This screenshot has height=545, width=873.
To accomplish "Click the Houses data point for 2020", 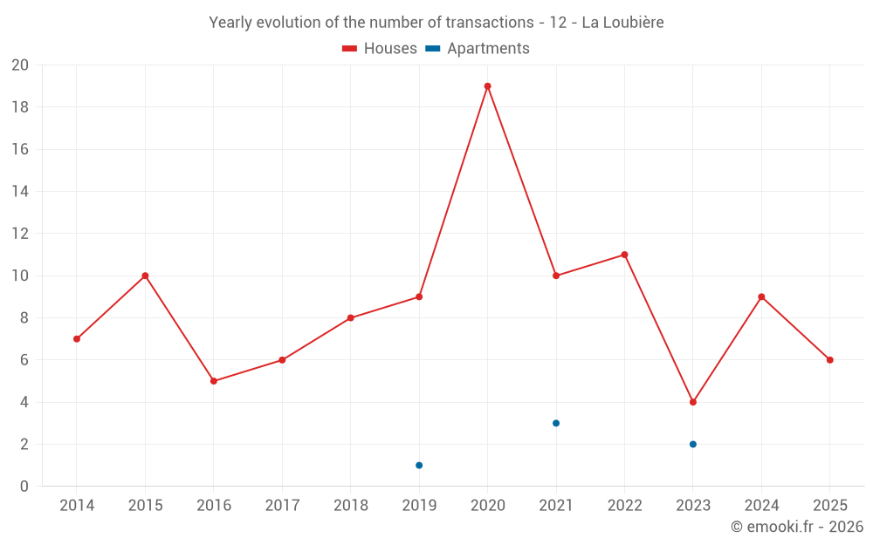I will (487, 86).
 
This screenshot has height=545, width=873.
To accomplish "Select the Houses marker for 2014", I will (77, 339).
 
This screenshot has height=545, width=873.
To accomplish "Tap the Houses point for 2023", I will (693, 402).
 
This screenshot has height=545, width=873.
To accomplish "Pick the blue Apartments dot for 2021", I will (556, 423).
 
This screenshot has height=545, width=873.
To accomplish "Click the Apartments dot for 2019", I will (419, 466).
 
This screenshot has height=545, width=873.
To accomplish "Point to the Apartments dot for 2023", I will (693, 444).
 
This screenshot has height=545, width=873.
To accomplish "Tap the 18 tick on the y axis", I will (20, 107).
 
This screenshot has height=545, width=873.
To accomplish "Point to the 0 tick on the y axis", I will (24, 487).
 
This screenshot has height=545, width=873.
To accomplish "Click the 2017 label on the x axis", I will (282, 506).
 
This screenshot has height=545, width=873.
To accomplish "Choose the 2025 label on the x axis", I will (829, 506).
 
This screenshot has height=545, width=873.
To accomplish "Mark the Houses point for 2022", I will (624, 255).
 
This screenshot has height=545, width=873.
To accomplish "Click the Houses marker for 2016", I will (214, 381).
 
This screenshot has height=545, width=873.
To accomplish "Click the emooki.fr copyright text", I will (796, 527).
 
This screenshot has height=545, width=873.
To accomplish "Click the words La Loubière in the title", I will (622, 23).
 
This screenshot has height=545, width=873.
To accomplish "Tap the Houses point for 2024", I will (761, 296).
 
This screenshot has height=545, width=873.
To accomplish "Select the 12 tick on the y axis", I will (20, 234).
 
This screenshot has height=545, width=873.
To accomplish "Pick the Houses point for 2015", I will (145, 276).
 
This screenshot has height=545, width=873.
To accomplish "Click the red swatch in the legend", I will (350, 49).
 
